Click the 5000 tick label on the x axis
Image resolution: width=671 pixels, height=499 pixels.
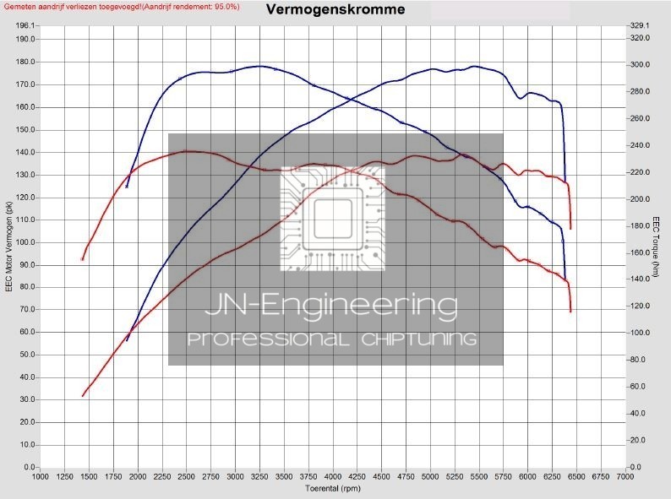click(430, 477)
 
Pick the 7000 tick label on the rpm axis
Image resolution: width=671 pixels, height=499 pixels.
click(625, 477)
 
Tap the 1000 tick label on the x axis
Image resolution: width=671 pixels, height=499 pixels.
click(40, 477)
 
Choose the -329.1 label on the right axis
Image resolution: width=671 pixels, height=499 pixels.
click(640, 26)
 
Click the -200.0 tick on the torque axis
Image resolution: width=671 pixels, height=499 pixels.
click(640, 199)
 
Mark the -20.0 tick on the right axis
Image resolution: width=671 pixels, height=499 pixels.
click(638, 441)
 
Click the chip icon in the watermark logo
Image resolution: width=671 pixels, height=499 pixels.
click(333, 218)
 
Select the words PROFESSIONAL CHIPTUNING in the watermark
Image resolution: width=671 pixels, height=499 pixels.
click(332, 339)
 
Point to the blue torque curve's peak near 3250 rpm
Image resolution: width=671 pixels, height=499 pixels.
click(259, 66)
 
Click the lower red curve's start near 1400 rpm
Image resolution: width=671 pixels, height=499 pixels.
click(83, 395)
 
